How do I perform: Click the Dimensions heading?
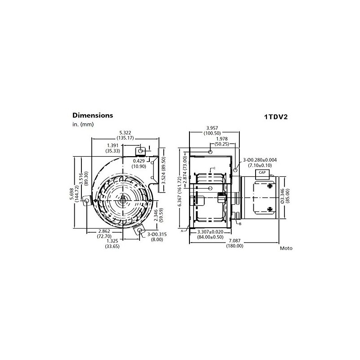pos(93,115)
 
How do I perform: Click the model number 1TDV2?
pos(275,117)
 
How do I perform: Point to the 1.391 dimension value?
pos(114,145)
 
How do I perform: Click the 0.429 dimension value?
pos(139,161)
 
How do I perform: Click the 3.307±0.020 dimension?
pos(211,231)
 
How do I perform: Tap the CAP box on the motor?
pos(262,172)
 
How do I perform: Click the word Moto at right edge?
pos(286,248)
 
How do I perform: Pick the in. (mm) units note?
pos(82,124)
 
